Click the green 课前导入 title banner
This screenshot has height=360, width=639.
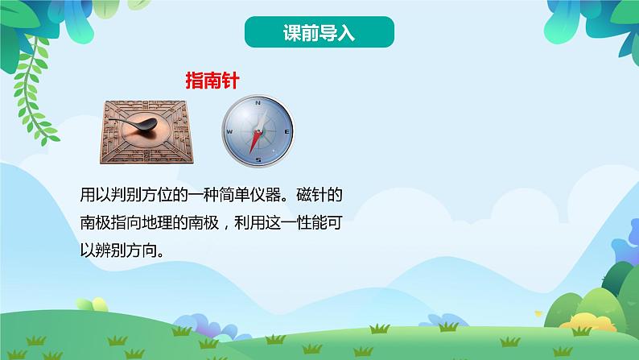point(319,34)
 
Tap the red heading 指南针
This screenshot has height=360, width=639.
point(210,80)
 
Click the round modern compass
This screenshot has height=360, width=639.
point(258,130)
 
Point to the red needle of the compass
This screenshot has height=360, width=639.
point(256,143)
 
